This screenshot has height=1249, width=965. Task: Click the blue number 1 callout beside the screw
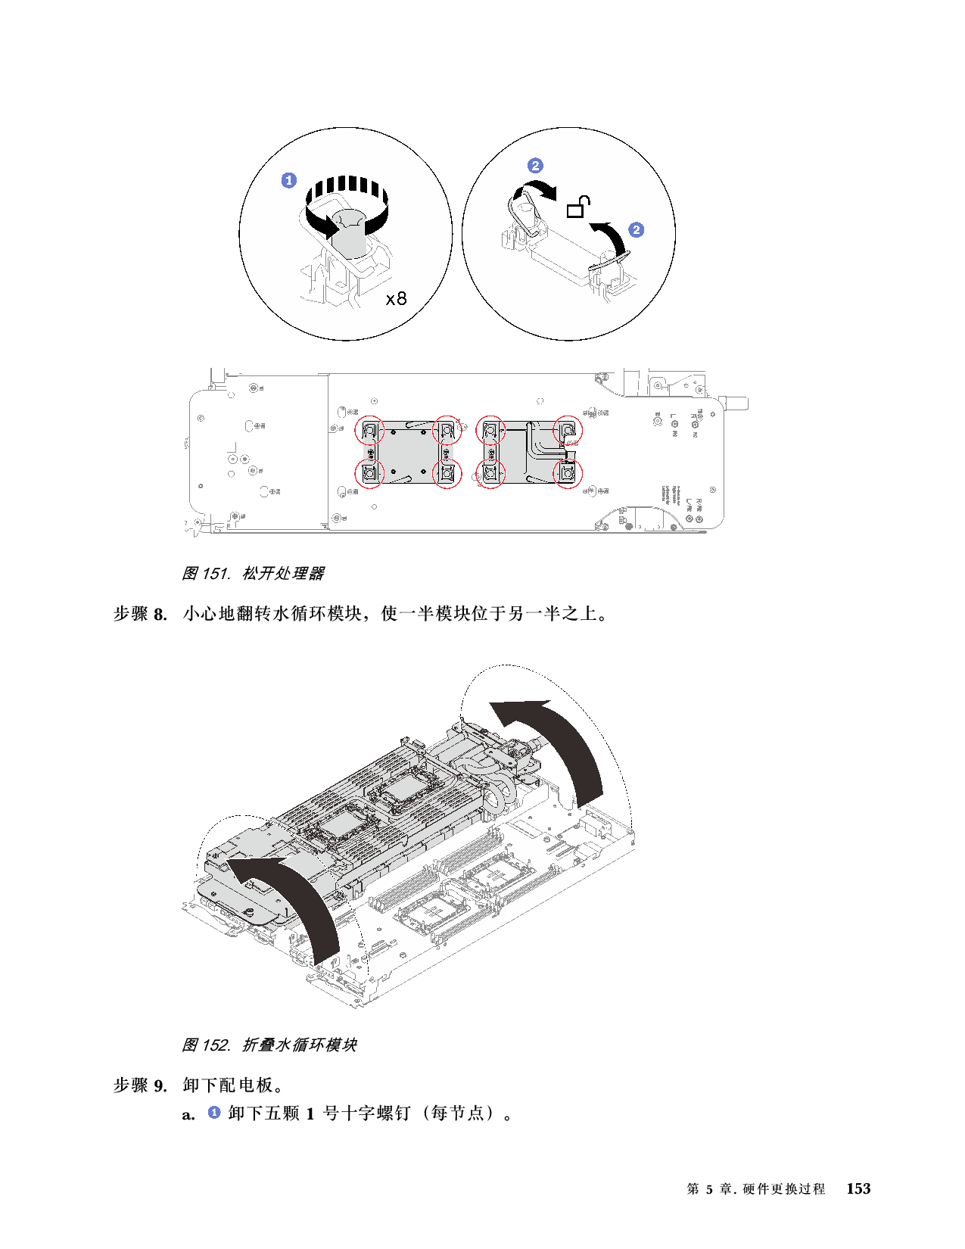[x=289, y=180]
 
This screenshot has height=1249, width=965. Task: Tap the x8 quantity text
[x=396, y=299]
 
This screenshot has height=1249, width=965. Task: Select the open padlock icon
[x=578, y=207]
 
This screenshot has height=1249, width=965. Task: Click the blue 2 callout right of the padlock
[x=637, y=229]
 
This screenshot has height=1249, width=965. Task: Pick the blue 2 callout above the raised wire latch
[x=535, y=166]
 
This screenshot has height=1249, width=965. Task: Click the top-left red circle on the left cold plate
[x=370, y=431]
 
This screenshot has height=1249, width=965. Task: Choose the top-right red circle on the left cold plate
[x=447, y=431]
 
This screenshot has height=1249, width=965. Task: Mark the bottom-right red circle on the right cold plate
[x=568, y=474]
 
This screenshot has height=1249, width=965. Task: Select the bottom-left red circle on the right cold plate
[x=490, y=474]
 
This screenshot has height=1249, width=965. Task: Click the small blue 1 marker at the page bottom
[x=214, y=1112]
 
